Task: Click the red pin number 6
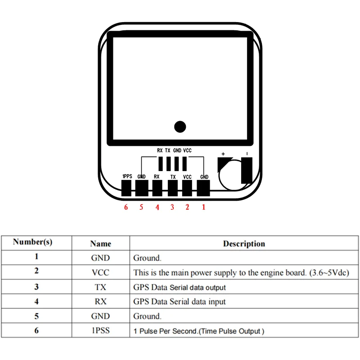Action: pyautogui.click(x=126, y=207)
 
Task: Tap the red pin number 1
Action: pyautogui.click(x=203, y=207)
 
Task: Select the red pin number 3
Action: pyautogui.click(x=172, y=207)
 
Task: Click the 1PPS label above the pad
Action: pyautogui.click(x=127, y=176)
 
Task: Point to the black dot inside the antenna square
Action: pyautogui.click(x=180, y=127)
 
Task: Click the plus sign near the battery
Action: pyautogui.click(x=223, y=154)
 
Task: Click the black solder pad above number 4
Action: pyautogui.click(x=157, y=188)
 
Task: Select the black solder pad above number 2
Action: pyautogui.click(x=188, y=188)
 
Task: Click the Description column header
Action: pyautogui.click(x=244, y=244)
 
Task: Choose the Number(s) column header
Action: pyautogui.click(x=33, y=242)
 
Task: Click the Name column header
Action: pyautogui.click(x=100, y=244)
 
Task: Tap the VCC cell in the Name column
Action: pyautogui.click(x=100, y=273)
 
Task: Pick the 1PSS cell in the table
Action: pyautogui.click(x=100, y=331)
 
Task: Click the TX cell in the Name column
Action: pyautogui.click(x=100, y=287)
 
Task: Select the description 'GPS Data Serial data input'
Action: pyautogui.click(x=180, y=301)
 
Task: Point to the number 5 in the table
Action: pyautogui.click(x=36, y=316)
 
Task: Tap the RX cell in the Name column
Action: pyautogui.click(x=100, y=301)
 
